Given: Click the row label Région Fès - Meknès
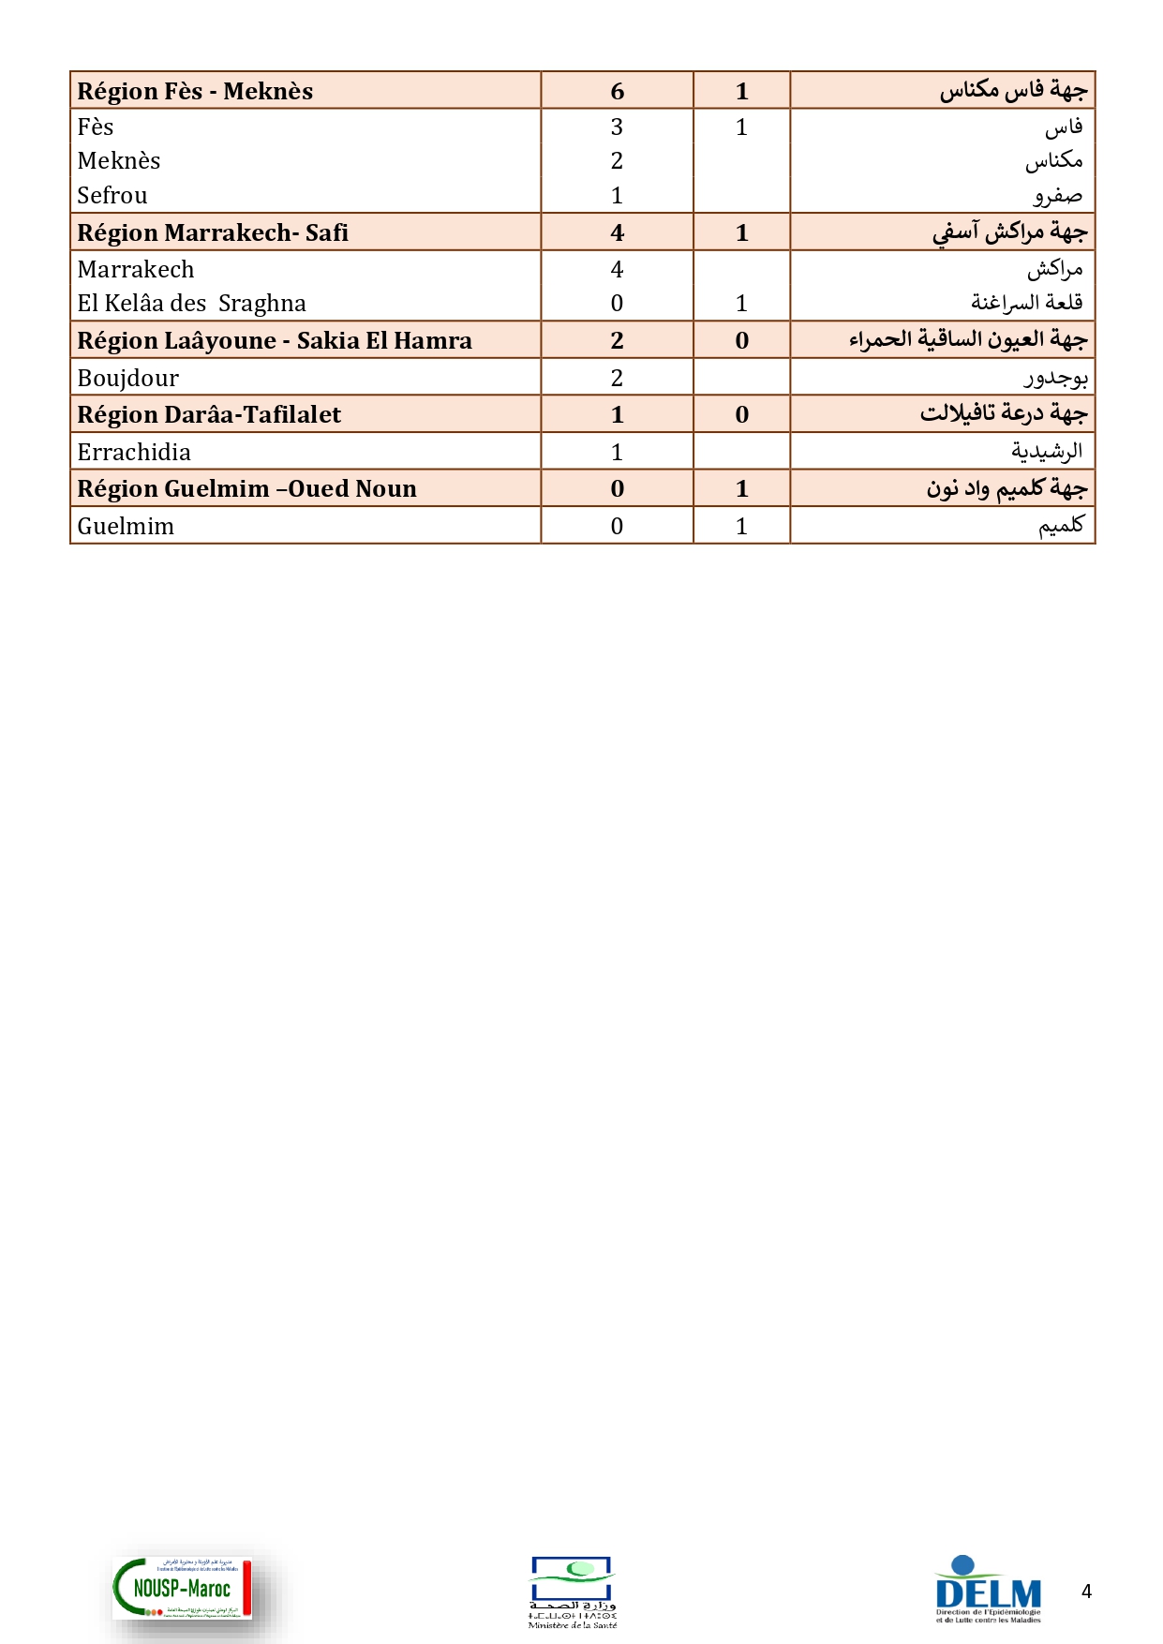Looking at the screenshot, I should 195,91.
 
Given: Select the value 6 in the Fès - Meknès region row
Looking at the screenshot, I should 617,91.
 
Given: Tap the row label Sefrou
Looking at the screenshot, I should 112,195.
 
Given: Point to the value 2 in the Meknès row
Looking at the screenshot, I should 617,161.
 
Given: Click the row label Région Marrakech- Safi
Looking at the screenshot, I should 213,232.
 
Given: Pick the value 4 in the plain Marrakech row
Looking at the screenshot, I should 617,270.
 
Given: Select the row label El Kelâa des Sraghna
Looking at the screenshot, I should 191,304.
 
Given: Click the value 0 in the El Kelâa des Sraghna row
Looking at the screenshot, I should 617,304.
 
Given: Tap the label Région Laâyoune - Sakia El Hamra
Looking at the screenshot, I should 275,340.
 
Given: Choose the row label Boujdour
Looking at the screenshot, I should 128,378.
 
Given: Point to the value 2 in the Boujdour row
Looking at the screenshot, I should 617,378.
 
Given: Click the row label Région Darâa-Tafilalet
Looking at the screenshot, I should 209,414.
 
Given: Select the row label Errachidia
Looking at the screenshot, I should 134,452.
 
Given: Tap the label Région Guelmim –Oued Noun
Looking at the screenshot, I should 246,488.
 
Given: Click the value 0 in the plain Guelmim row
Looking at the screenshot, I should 617,526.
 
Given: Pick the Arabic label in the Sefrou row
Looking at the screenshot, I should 1058,196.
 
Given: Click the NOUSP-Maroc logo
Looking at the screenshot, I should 183,1588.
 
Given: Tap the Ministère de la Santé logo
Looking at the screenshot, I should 572,1592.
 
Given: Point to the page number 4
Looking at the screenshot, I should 1086,1591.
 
